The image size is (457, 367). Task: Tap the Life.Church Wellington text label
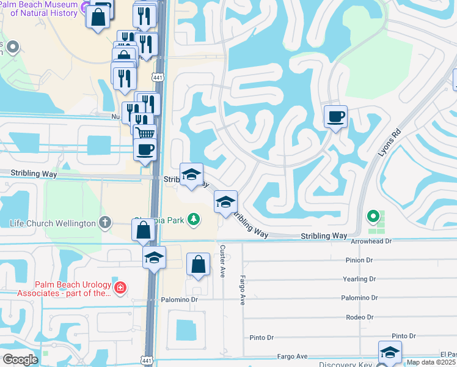click(x=53, y=223)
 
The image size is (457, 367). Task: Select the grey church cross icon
click(x=105, y=223)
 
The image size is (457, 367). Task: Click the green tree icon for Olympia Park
click(x=194, y=218)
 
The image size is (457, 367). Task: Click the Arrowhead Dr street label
click(x=371, y=242)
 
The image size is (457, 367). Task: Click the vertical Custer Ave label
click(x=223, y=261)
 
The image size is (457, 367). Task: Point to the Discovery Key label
click(x=346, y=364)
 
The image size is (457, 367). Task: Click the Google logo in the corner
click(x=20, y=359)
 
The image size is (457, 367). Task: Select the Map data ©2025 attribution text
click(x=431, y=362)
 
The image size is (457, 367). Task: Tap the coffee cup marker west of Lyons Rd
click(x=335, y=116)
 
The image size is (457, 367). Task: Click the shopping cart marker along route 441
click(x=145, y=133)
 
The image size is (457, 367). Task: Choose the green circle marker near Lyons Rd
click(x=372, y=215)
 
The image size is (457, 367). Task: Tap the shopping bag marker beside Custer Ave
click(x=198, y=265)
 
